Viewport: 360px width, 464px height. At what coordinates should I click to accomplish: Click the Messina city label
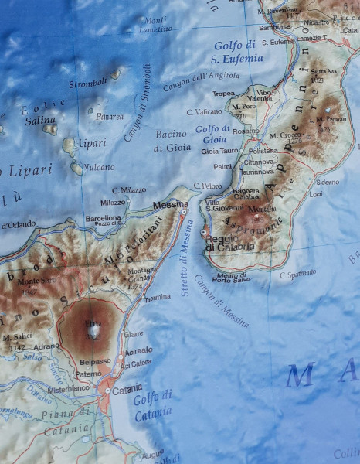170,204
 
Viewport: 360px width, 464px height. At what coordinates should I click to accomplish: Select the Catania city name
127,387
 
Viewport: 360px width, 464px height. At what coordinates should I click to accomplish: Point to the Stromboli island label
87,83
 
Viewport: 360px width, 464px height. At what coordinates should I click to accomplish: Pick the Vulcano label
99,166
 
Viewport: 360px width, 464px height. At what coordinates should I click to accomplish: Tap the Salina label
40,120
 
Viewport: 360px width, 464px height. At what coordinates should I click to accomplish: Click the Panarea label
109,117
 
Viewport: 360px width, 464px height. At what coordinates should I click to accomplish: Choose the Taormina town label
157,297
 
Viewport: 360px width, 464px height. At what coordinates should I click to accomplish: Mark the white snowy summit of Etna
93,332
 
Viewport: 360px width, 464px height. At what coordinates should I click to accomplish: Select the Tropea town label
223,94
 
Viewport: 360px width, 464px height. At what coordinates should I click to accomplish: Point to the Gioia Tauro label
220,151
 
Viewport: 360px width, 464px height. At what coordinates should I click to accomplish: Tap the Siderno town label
328,182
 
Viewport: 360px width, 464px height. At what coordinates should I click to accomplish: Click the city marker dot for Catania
107,391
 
